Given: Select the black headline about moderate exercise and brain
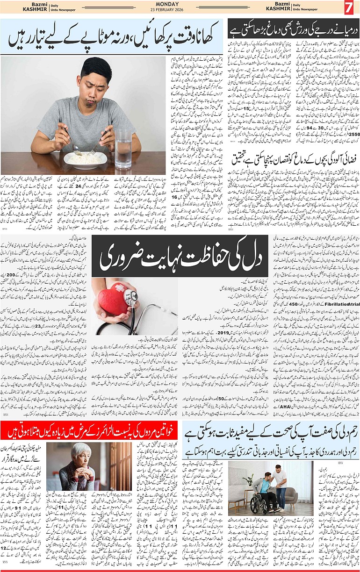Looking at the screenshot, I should (x=293, y=29).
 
